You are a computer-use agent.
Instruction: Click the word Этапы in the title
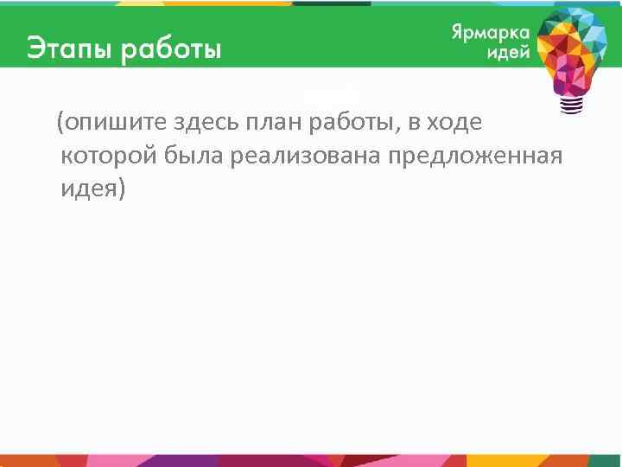click(69, 48)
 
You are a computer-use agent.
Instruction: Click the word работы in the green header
click(171, 48)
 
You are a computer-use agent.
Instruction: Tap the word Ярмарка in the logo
click(490, 32)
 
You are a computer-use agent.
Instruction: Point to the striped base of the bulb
click(573, 106)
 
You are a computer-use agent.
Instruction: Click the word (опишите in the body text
click(100, 125)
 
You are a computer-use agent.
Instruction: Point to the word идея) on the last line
click(93, 189)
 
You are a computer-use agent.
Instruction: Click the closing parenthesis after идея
click(121, 190)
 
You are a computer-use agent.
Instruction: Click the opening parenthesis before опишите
click(60, 125)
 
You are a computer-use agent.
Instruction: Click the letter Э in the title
click(35, 48)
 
